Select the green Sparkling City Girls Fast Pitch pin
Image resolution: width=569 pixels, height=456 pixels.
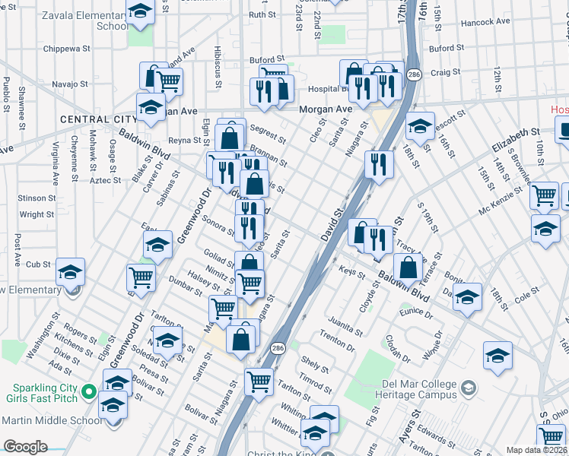coord(88,393)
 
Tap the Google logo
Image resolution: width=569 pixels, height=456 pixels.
coord(25,447)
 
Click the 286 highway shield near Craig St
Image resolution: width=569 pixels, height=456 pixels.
coord(414,74)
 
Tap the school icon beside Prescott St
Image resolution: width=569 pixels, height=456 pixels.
coord(420,125)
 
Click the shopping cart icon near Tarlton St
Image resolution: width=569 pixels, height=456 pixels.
coord(259,380)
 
